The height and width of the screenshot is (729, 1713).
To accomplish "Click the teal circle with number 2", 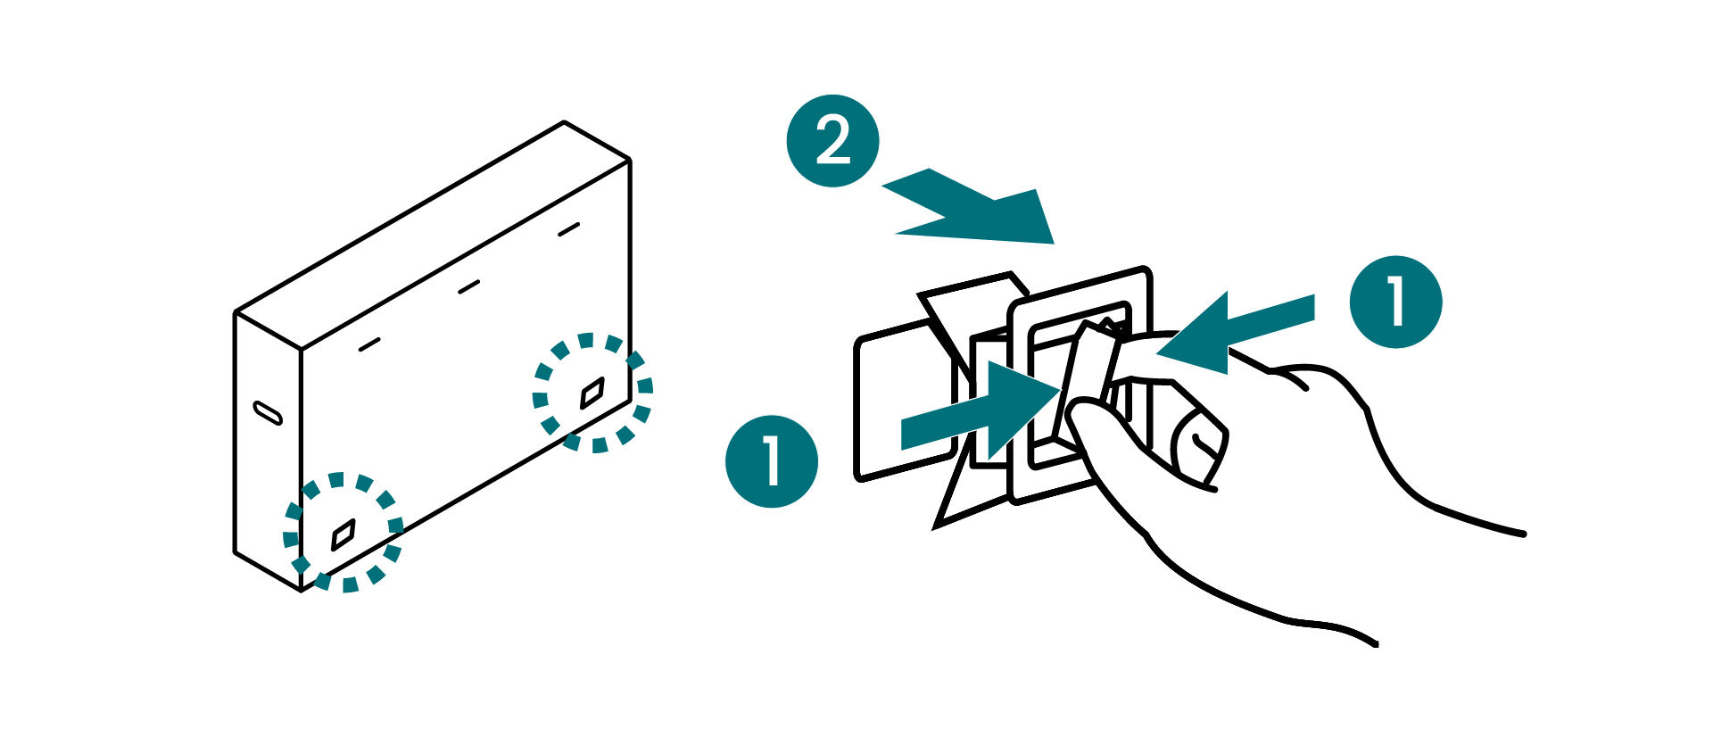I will [832, 141].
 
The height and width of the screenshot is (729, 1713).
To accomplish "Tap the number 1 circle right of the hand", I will [1395, 302].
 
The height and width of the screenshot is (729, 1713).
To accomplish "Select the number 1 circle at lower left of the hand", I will [772, 461].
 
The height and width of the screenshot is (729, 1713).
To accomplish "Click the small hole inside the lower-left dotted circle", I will [343, 534].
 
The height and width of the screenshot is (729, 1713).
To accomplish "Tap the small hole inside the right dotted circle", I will [592, 392].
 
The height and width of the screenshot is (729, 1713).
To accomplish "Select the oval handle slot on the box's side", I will [268, 412].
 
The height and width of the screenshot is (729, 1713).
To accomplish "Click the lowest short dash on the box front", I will [369, 344].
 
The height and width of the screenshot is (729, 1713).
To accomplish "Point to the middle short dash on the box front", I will [468, 286].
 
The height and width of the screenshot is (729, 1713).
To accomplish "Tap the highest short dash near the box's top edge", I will [568, 229].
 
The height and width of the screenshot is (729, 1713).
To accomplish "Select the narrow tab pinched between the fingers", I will [1084, 384].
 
